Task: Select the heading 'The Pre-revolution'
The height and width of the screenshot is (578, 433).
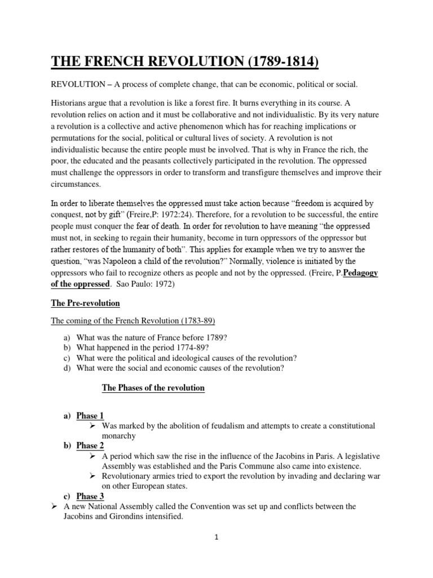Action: pyautogui.click(x=85, y=303)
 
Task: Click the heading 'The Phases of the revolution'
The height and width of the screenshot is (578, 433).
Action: pyautogui.click(x=153, y=388)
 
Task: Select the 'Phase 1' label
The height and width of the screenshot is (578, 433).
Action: pyautogui.click(x=90, y=415)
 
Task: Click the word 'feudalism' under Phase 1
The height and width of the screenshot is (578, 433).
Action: pyautogui.click(x=219, y=426)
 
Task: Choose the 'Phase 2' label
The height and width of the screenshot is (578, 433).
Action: pyautogui.click(x=90, y=445)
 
